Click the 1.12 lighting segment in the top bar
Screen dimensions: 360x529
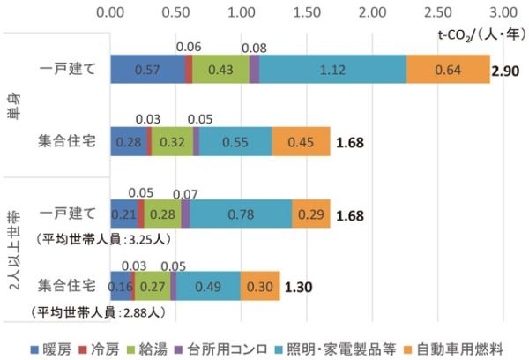(x=332, y=70)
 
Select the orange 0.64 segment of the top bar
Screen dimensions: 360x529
(x=448, y=70)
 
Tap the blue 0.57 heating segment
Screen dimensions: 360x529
(x=148, y=70)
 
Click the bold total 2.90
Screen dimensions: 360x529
(x=508, y=70)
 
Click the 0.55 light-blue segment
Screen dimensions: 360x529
(x=235, y=141)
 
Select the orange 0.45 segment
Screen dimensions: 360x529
(x=301, y=141)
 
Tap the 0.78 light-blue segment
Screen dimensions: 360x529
(x=241, y=214)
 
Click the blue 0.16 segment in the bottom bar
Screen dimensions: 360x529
(x=121, y=286)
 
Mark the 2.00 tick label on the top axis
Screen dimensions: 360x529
(x=372, y=13)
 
